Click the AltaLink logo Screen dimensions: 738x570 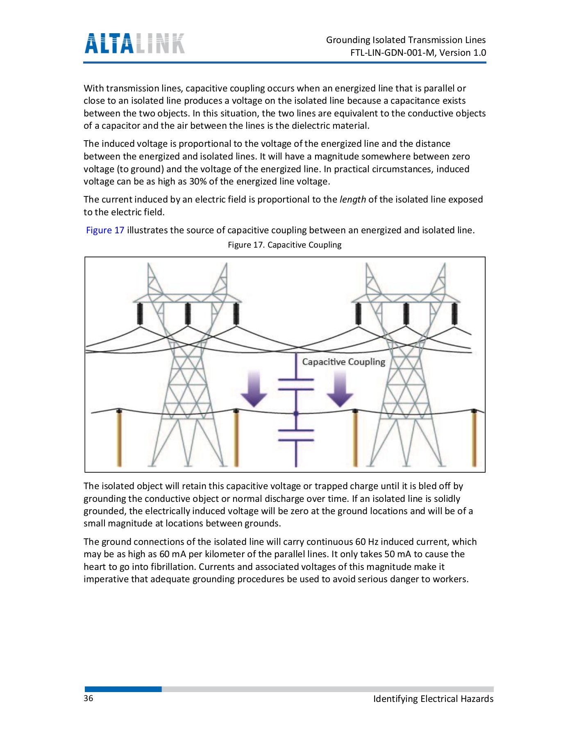click(134, 43)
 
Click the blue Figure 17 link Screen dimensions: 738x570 click(105, 230)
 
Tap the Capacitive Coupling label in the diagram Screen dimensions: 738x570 click(343, 362)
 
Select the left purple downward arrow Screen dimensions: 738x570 click(254, 388)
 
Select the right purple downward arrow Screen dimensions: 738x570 click(340, 388)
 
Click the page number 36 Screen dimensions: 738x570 click(89, 699)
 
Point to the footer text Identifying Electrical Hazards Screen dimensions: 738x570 click(433, 699)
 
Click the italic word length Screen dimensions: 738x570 click(352, 200)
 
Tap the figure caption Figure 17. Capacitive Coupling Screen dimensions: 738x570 click(284, 245)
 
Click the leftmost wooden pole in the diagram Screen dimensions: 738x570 click(119, 439)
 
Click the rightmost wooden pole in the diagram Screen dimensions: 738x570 click(474, 439)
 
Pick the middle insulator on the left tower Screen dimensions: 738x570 click(188, 314)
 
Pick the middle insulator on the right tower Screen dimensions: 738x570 click(406, 314)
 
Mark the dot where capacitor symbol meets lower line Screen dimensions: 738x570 click(296, 414)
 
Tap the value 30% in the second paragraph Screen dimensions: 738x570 click(198, 182)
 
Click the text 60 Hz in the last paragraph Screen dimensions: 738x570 click(366, 542)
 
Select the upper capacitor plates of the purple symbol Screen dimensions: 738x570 click(296, 385)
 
